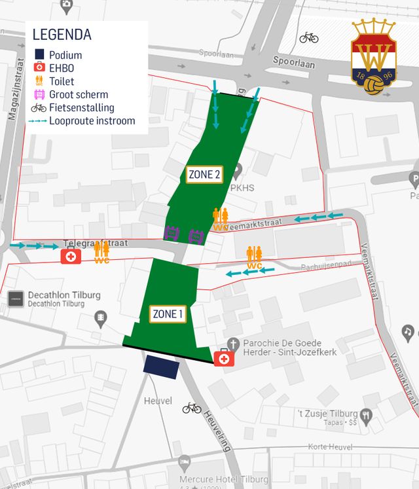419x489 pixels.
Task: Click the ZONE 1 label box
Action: click(168, 314)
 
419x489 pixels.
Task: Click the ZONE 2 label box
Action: click(205, 174)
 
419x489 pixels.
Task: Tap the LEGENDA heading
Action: click(62, 35)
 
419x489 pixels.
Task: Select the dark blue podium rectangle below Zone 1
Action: click(161, 367)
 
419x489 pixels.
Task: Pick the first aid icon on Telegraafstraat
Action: click(71, 257)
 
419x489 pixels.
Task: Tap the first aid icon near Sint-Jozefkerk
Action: click(223, 358)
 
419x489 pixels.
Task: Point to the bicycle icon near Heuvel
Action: click(192, 408)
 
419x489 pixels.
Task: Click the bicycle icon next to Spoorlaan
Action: click(309, 38)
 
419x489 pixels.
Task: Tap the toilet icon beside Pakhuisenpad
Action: click(254, 257)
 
